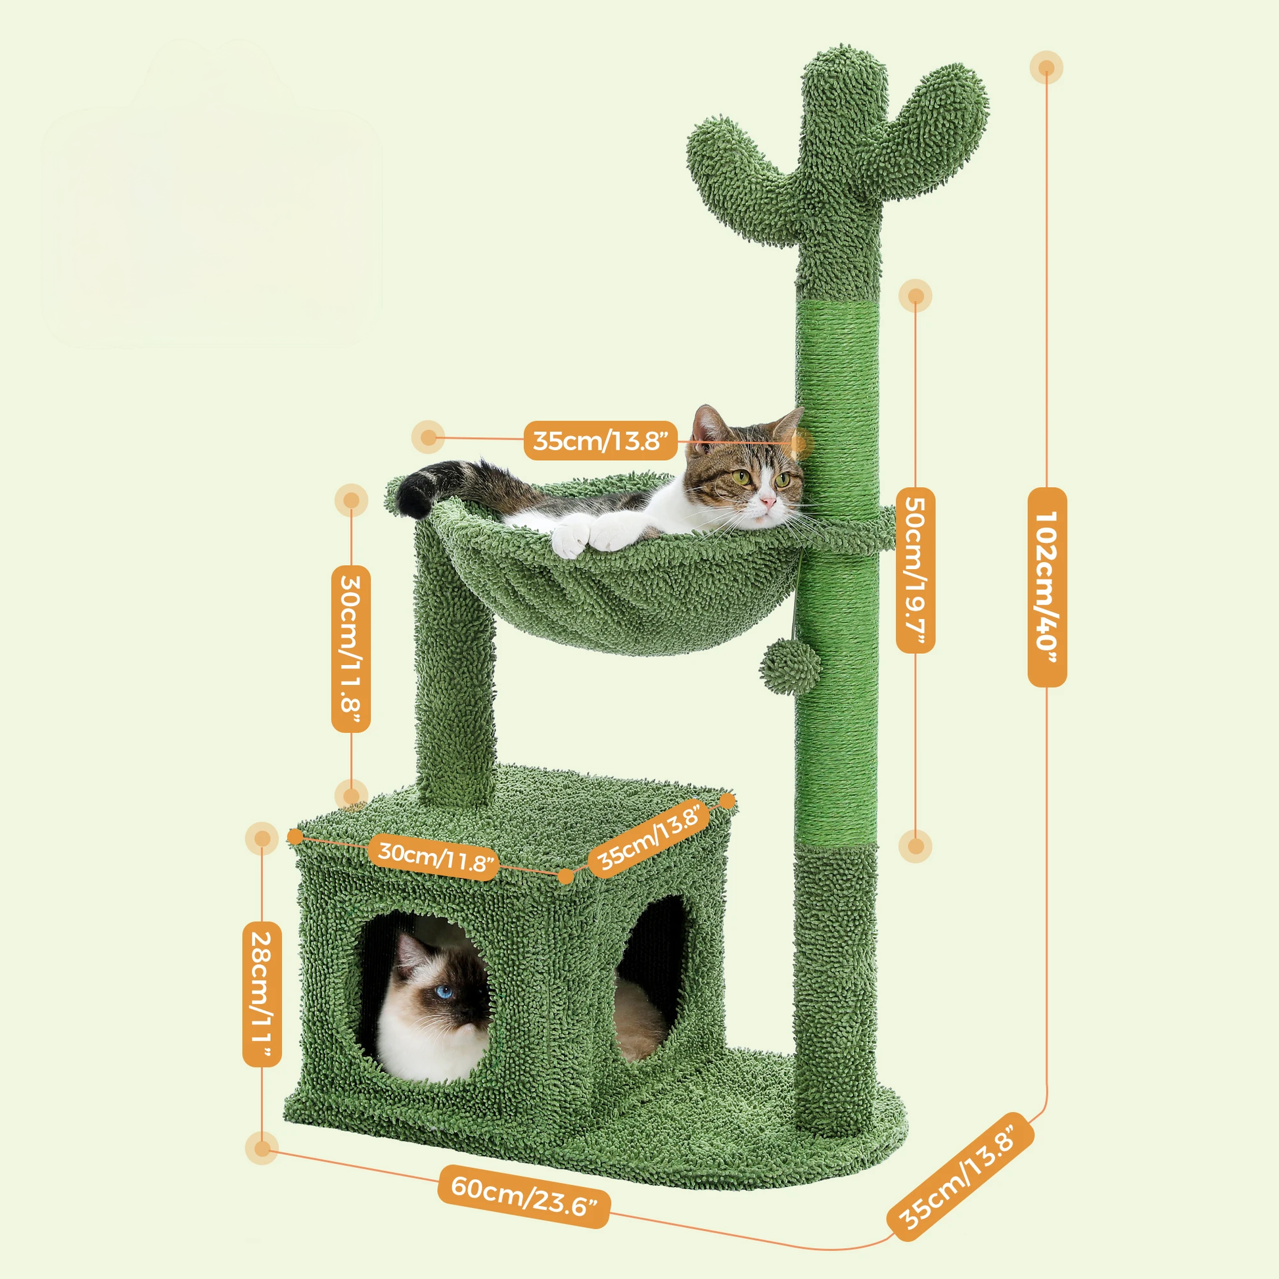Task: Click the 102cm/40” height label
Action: click(x=1046, y=586)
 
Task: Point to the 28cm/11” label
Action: click(x=262, y=994)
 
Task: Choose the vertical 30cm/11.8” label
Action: click(x=351, y=648)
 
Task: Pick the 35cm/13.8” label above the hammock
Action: click(x=601, y=440)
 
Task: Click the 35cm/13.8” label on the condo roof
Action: click(x=649, y=837)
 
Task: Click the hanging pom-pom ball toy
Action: click(x=790, y=668)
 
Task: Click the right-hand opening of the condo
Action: click(x=652, y=980)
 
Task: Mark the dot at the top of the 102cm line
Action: click(x=1046, y=68)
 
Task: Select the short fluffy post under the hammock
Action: click(x=455, y=668)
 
